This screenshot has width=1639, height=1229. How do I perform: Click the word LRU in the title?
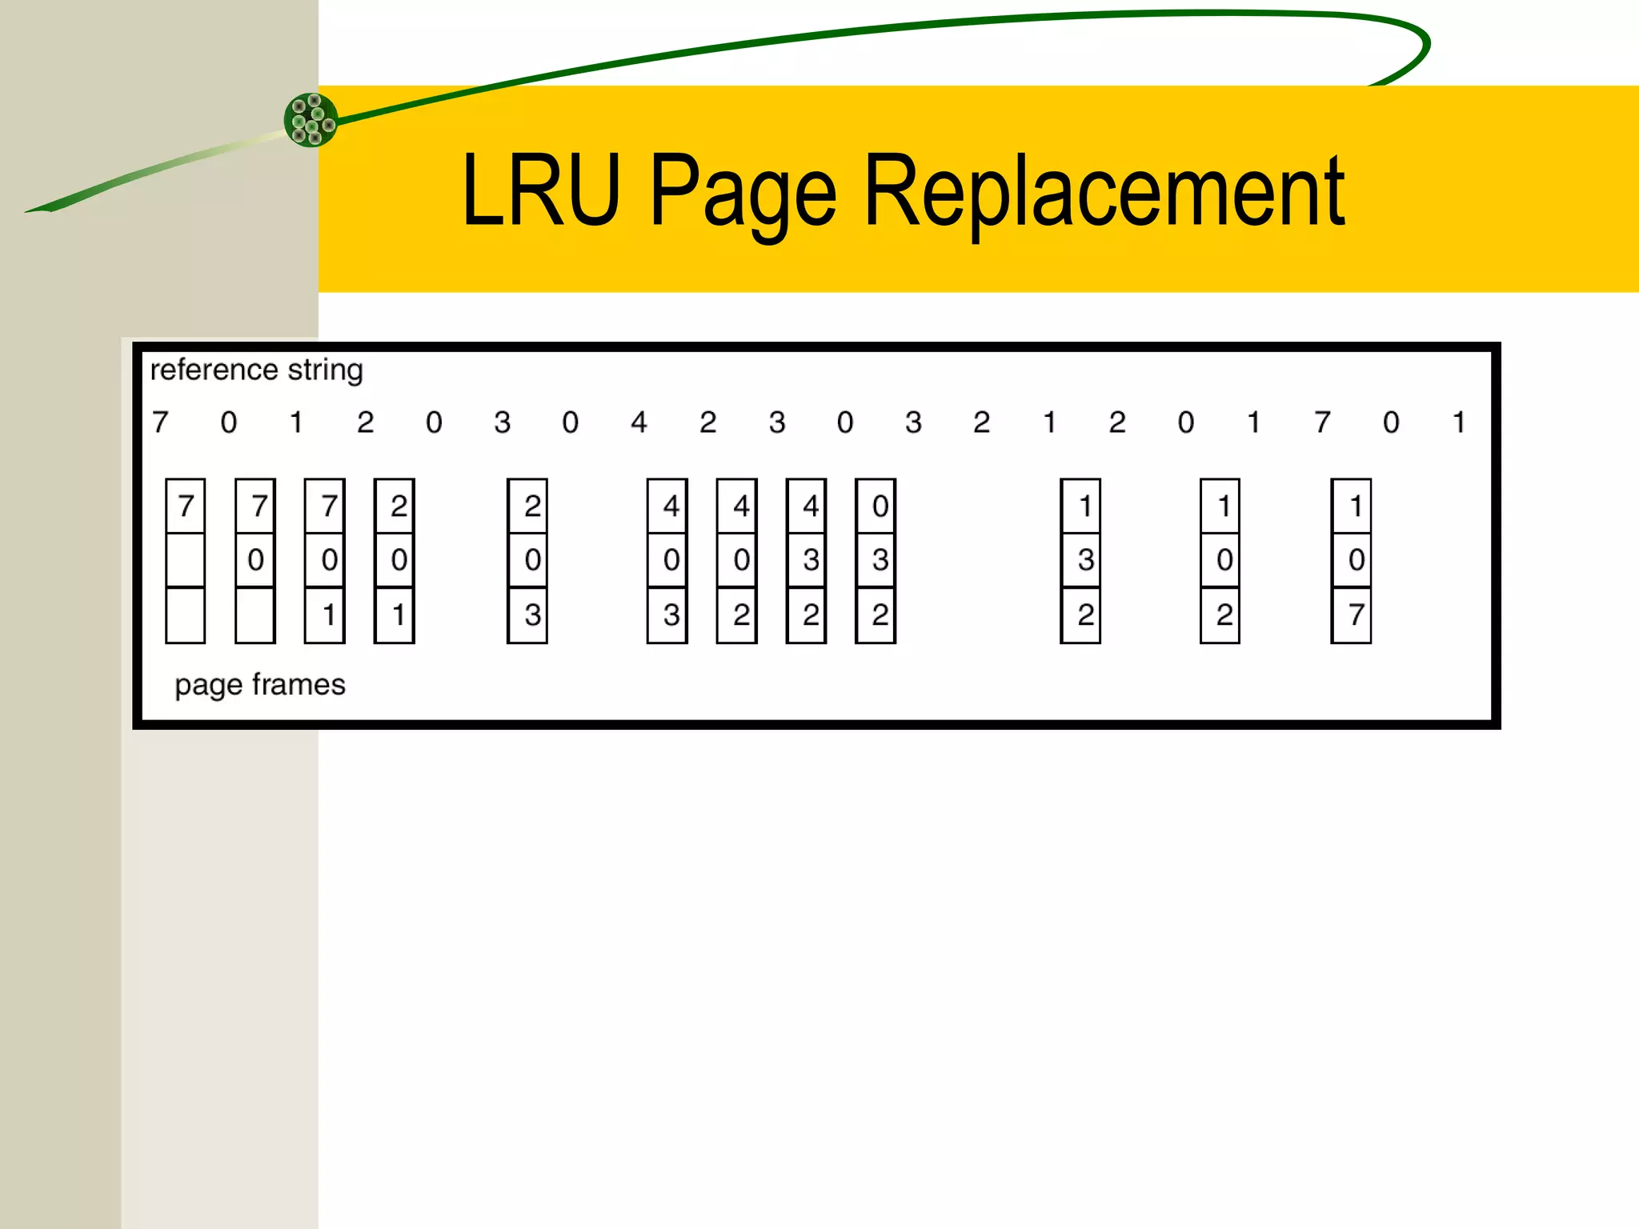pos(541,191)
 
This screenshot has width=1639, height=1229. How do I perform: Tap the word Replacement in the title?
pos(1104,191)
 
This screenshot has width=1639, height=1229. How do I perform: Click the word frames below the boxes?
pos(298,685)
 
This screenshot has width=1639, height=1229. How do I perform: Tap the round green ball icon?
pos(311,120)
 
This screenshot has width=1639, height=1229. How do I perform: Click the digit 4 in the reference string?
pos(639,422)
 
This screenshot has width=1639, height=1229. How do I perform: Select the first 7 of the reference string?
pos(161,422)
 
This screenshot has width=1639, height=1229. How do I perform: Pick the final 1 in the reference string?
pos(1459,422)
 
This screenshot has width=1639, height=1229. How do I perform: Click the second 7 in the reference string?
pos(1322,422)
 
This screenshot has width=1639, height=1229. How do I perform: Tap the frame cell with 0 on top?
pos(880,506)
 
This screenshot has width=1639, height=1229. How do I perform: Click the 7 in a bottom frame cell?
pos(1356,614)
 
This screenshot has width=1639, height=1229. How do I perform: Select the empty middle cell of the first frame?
pos(186,560)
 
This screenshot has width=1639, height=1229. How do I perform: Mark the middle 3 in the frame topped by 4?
pos(810,560)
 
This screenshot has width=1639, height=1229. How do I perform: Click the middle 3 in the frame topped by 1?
pos(1085,560)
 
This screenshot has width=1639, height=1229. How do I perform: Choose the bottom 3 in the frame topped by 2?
pos(532,614)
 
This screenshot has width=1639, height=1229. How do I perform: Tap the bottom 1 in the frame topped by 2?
pos(399,614)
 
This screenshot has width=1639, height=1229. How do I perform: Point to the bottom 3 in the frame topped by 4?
pos(671,614)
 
